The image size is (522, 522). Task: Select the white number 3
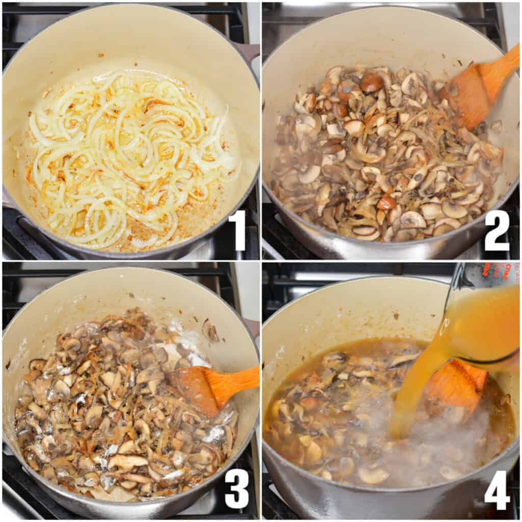237,488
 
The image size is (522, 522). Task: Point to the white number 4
497,490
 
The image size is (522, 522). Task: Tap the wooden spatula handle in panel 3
240,379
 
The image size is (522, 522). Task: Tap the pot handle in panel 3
251,326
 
